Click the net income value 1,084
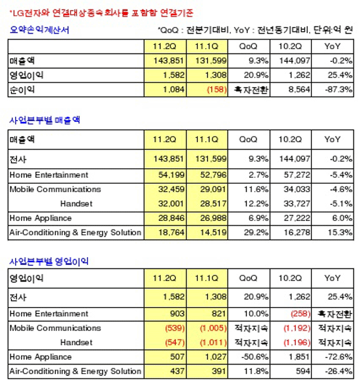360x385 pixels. [x=169, y=89]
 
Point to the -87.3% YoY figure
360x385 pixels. [x=339, y=89]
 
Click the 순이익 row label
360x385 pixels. [x=21, y=89]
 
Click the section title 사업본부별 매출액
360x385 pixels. [x=45, y=120]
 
